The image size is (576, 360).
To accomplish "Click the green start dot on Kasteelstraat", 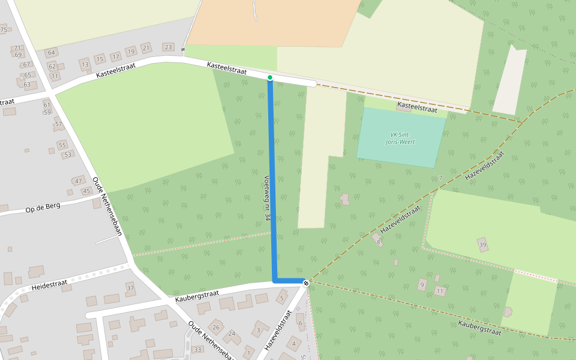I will (270, 77).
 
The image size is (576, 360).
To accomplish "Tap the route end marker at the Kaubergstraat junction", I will (306, 283).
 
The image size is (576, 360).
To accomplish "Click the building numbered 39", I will (482, 244).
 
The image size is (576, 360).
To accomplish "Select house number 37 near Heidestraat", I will (130, 288).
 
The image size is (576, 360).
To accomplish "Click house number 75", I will (4, 30).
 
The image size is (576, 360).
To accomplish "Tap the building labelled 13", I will (85, 64).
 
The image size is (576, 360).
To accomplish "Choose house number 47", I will (78, 181).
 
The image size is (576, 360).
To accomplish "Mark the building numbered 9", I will (422, 284).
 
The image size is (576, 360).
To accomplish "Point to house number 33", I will (197, 350).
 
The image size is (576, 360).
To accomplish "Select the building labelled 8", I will (378, 241).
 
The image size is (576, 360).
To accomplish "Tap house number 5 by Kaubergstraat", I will (282, 298).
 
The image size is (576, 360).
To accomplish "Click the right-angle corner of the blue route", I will (275, 281).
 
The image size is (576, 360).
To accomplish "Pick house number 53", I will (68, 155).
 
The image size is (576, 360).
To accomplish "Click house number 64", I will (52, 53).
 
